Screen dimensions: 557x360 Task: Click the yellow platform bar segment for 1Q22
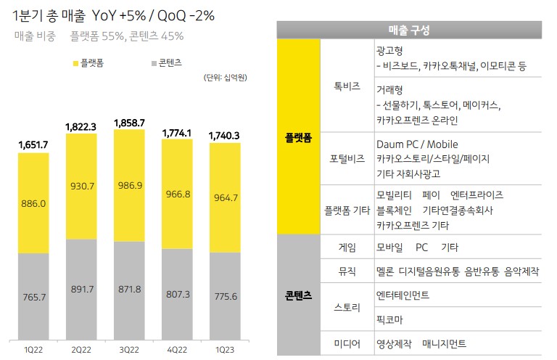pos(33,203)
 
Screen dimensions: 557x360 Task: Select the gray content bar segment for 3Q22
pos(129,291)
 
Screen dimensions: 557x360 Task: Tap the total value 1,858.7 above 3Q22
pos(129,123)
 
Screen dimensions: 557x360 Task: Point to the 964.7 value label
pos(226,197)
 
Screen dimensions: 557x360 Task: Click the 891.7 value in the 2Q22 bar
pos(83,290)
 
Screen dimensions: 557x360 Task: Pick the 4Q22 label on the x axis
pos(177,350)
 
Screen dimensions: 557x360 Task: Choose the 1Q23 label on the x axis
pos(225,350)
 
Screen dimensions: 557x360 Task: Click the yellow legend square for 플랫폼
pos(75,64)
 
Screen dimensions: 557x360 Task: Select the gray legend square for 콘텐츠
pos(154,64)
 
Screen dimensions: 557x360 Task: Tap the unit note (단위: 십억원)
pos(226,78)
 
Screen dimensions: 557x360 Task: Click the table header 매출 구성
pos(409,30)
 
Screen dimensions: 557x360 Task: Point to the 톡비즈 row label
pos(347,86)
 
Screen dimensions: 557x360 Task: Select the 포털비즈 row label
pos(347,158)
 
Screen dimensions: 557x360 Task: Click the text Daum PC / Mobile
pos(417,144)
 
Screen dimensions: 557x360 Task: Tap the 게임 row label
pos(347,247)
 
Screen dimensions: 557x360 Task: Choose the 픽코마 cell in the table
pos(389,319)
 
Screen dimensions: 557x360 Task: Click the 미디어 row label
pos(347,343)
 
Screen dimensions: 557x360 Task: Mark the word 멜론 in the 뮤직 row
pos(385,271)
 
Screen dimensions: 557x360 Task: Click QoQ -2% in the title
pos(186,16)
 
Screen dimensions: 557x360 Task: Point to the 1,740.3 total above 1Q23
pos(224,136)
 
